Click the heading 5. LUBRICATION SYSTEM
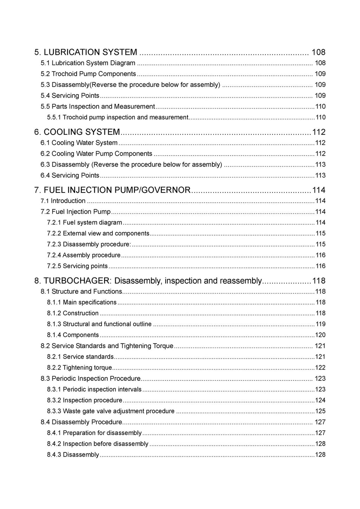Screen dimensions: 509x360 tap(86, 52)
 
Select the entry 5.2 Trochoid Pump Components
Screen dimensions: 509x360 tap(88, 74)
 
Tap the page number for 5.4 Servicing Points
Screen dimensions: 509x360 tap(320, 96)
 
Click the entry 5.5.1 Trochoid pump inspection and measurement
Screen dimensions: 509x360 tap(118, 117)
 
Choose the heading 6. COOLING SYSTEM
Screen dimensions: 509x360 tap(77, 132)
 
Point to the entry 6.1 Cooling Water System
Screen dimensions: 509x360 tap(79, 143)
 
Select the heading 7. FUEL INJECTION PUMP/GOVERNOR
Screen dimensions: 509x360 tap(112, 190)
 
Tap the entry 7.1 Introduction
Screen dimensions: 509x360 tap(63, 201)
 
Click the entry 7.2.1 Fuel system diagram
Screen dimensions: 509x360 tap(85, 223)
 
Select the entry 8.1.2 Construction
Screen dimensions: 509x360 tap(73, 313)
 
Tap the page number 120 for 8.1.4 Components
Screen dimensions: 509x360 tap(320, 335)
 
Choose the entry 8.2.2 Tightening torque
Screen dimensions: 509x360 tap(79, 368)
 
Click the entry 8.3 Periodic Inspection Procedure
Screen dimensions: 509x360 tap(91, 379)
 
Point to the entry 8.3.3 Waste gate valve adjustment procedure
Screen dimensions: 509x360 tap(111, 411)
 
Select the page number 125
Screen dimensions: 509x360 tap(320, 411)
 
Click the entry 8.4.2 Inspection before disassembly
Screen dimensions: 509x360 tap(98, 444)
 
